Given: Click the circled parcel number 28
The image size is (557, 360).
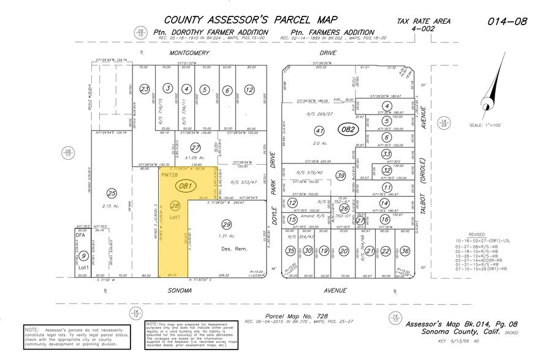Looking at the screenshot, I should tap(175, 206).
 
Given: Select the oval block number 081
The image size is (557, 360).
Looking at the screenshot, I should tap(184, 186).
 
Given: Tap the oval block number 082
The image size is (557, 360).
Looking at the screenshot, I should tap(348, 130).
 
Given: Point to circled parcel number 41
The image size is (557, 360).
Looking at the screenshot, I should tap(318, 130).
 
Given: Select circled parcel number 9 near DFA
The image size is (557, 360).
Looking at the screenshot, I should tap(84, 256).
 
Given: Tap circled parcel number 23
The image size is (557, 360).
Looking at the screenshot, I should tap(145, 89).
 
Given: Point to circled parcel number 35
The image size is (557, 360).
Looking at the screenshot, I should tap(291, 250).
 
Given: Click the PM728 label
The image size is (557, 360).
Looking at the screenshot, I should tap(170, 174).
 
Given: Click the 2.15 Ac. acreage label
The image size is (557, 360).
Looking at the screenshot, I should tap(110, 206).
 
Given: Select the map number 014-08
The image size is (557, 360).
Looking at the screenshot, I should tap(507, 21).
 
